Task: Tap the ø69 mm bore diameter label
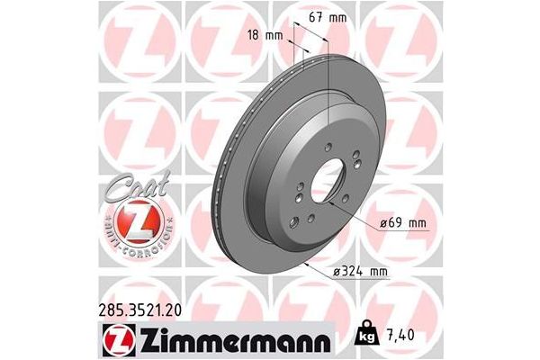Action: (x=399, y=221)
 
